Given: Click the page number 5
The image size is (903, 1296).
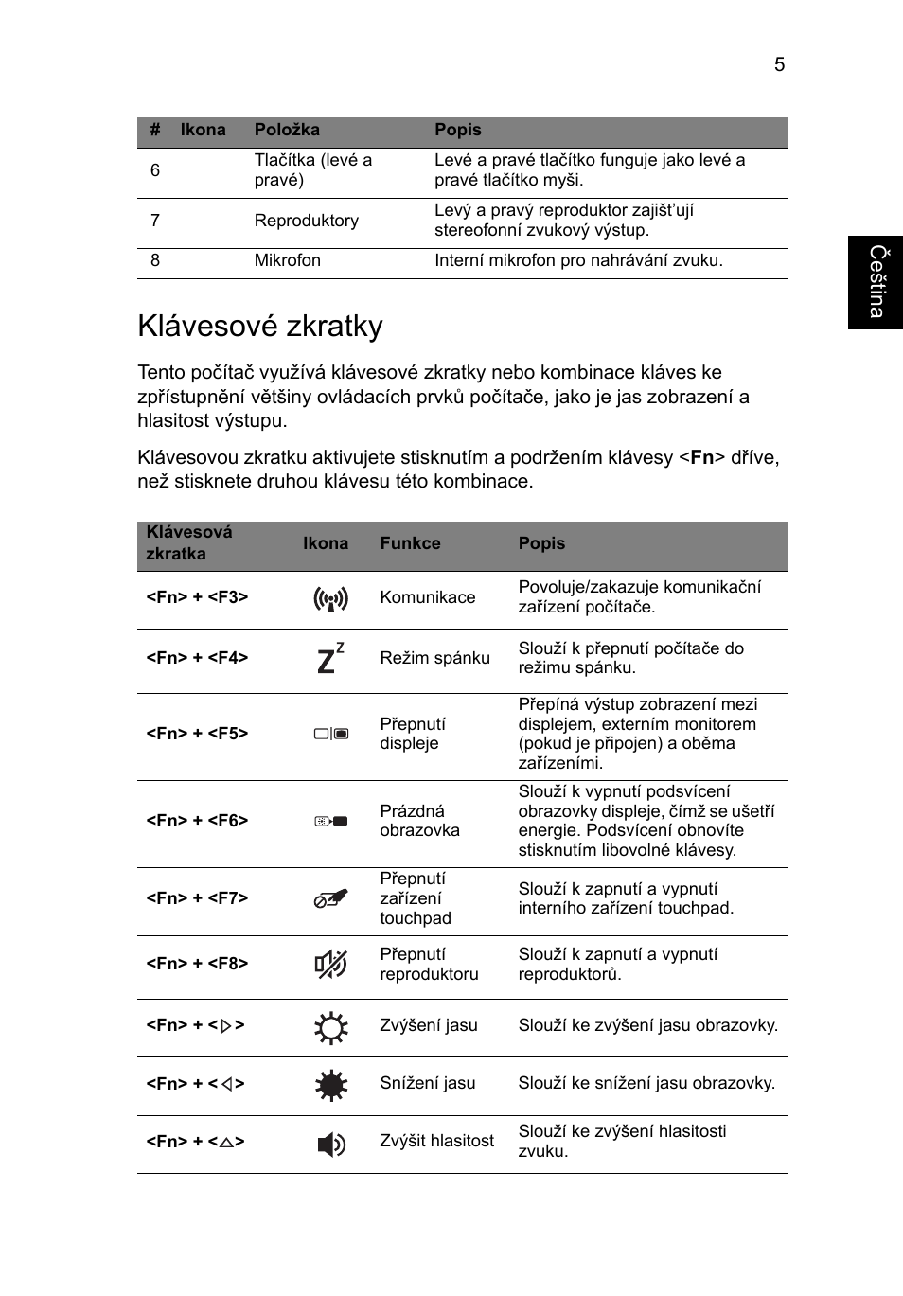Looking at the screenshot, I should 779,64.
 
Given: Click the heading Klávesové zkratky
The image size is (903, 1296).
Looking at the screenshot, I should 260,326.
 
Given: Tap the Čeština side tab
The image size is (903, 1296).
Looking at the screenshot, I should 876,282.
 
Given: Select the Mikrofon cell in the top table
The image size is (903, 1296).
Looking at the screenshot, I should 287,260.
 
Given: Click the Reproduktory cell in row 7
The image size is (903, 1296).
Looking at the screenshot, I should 306,221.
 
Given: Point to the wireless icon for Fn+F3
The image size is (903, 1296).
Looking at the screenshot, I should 331,598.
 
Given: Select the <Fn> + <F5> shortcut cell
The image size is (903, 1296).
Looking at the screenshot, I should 197,734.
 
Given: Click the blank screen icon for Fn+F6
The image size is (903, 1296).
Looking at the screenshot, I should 331,821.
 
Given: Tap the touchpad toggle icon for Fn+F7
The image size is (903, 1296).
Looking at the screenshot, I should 331,899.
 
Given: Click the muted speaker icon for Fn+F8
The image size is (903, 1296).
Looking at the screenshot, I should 331,964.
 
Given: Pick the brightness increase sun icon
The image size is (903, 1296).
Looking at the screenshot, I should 331,1027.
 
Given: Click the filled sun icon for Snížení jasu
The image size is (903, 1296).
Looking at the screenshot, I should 331,1085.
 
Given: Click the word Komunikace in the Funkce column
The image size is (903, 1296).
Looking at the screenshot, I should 427,597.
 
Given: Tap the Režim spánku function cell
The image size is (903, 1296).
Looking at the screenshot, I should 434,658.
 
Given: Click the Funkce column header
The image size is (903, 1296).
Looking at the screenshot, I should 410,543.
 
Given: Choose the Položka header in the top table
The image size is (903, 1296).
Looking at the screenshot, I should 287,130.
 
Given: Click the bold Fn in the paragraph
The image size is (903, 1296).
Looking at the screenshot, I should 701,458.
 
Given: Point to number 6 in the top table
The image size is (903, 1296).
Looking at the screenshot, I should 155,170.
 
